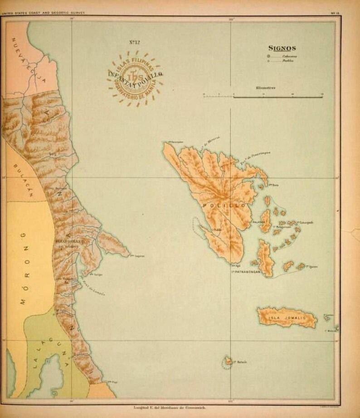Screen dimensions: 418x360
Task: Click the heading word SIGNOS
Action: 282,48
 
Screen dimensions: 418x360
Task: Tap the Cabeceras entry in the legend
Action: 288,56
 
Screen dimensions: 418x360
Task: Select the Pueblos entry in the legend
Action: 287,61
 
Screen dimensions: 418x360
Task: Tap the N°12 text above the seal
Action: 134,43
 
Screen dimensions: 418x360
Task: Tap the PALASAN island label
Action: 257,223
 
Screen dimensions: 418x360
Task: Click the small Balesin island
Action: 226,361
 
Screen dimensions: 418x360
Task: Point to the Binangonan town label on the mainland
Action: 69,242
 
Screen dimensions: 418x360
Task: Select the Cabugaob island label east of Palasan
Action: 305,222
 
